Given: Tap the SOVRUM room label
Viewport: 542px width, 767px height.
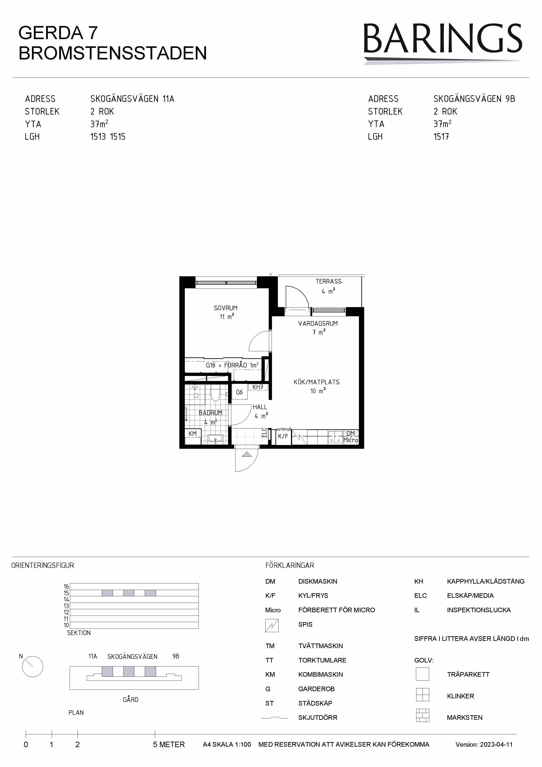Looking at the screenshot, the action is pos(226,308).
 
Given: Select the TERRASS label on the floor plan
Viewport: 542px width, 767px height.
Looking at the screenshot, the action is pos(329,282).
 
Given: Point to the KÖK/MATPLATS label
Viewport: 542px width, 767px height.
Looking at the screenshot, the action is pos(317,382).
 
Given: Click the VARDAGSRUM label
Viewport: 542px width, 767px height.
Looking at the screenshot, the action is pos(318,323).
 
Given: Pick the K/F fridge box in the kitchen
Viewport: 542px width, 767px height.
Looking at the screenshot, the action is pos(283,436).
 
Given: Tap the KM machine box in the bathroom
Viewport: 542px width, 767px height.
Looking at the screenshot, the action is pos(193,436).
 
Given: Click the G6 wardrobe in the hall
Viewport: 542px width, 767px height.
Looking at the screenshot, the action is pos(239,392).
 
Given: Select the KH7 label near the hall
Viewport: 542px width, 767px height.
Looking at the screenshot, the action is pos(258,387).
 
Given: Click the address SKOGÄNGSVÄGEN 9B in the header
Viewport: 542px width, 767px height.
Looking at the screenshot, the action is pos(474,99).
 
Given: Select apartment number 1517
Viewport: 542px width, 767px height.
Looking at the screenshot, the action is pos(441,137).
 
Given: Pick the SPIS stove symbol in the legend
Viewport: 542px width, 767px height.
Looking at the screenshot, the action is pos(272,625).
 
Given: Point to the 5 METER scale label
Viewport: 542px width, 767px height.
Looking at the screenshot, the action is pos(169,745).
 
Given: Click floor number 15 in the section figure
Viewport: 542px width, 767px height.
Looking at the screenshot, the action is pos(66,593).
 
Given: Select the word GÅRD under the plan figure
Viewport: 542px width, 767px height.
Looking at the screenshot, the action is pos(131,699).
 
